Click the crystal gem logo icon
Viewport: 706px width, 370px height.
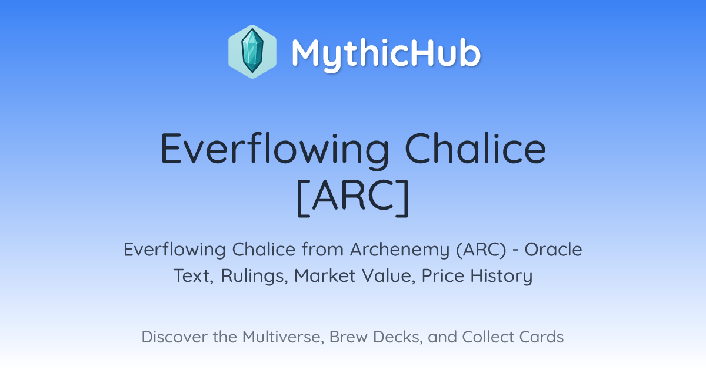[x=252, y=52]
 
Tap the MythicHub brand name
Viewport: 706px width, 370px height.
[x=386, y=53]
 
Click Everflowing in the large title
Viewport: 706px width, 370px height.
[x=275, y=149]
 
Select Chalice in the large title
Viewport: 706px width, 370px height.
[x=475, y=148]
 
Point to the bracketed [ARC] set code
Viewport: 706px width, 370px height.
[x=353, y=197]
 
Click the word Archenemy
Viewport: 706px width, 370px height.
[x=399, y=250]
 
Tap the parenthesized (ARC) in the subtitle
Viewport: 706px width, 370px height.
[x=481, y=250]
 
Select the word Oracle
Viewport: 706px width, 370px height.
[x=553, y=250]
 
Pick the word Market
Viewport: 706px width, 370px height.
[x=325, y=275]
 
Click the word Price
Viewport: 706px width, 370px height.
[x=443, y=275]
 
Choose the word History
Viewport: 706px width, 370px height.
[x=501, y=276]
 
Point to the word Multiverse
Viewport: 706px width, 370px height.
[x=283, y=337]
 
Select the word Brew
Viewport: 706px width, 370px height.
[x=348, y=337]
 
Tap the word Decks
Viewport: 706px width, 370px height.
[x=398, y=337]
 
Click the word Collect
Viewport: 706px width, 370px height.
[x=488, y=337]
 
